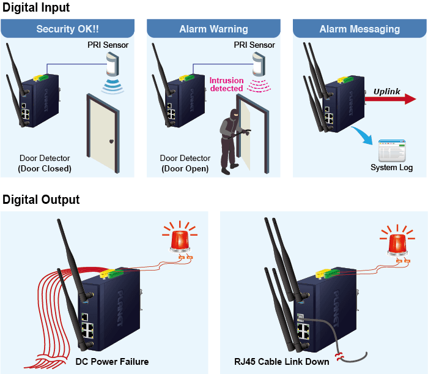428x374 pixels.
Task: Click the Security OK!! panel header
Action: point(67,28)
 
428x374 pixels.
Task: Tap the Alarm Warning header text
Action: point(213,29)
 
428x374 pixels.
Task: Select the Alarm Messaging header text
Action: point(360,29)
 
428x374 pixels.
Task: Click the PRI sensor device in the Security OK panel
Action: point(113,64)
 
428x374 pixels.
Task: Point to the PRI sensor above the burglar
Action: point(259,64)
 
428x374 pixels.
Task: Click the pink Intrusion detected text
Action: point(227,84)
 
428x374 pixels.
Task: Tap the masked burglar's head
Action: point(234,114)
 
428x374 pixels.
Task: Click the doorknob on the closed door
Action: point(111,141)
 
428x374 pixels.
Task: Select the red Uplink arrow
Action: point(390,99)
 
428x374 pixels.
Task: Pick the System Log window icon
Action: point(392,151)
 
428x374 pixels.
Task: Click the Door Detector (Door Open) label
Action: point(185,163)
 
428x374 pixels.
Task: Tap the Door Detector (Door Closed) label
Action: point(45,163)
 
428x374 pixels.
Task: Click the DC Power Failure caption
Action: point(112,362)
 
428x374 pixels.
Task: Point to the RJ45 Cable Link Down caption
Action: point(281,362)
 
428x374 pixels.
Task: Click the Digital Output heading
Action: point(41,200)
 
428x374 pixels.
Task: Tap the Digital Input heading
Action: point(36,7)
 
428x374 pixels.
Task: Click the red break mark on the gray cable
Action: point(340,357)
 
